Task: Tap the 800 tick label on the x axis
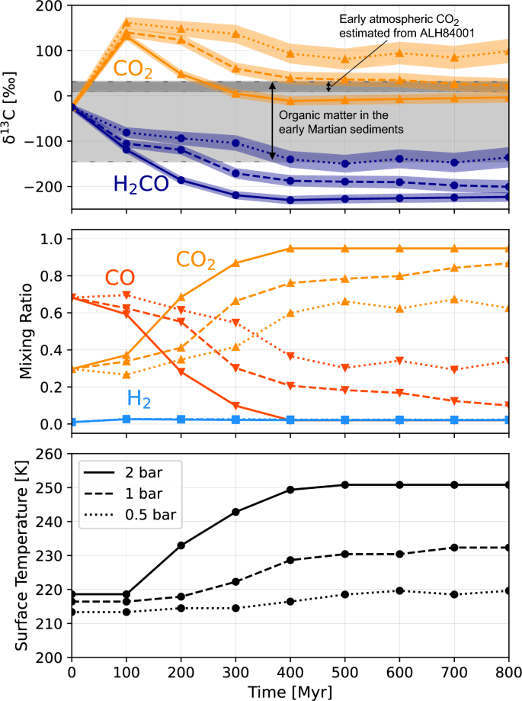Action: [x=508, y=669]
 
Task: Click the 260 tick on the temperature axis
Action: [x=50, y=454]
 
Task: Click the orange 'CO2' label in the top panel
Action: [x=133, y=70]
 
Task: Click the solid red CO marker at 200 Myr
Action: [x=181, y=372]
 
